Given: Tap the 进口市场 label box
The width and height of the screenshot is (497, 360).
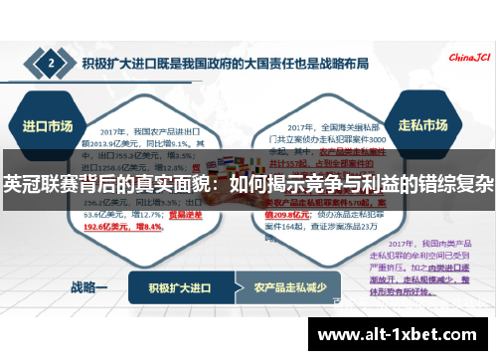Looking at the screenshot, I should point(48,126).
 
